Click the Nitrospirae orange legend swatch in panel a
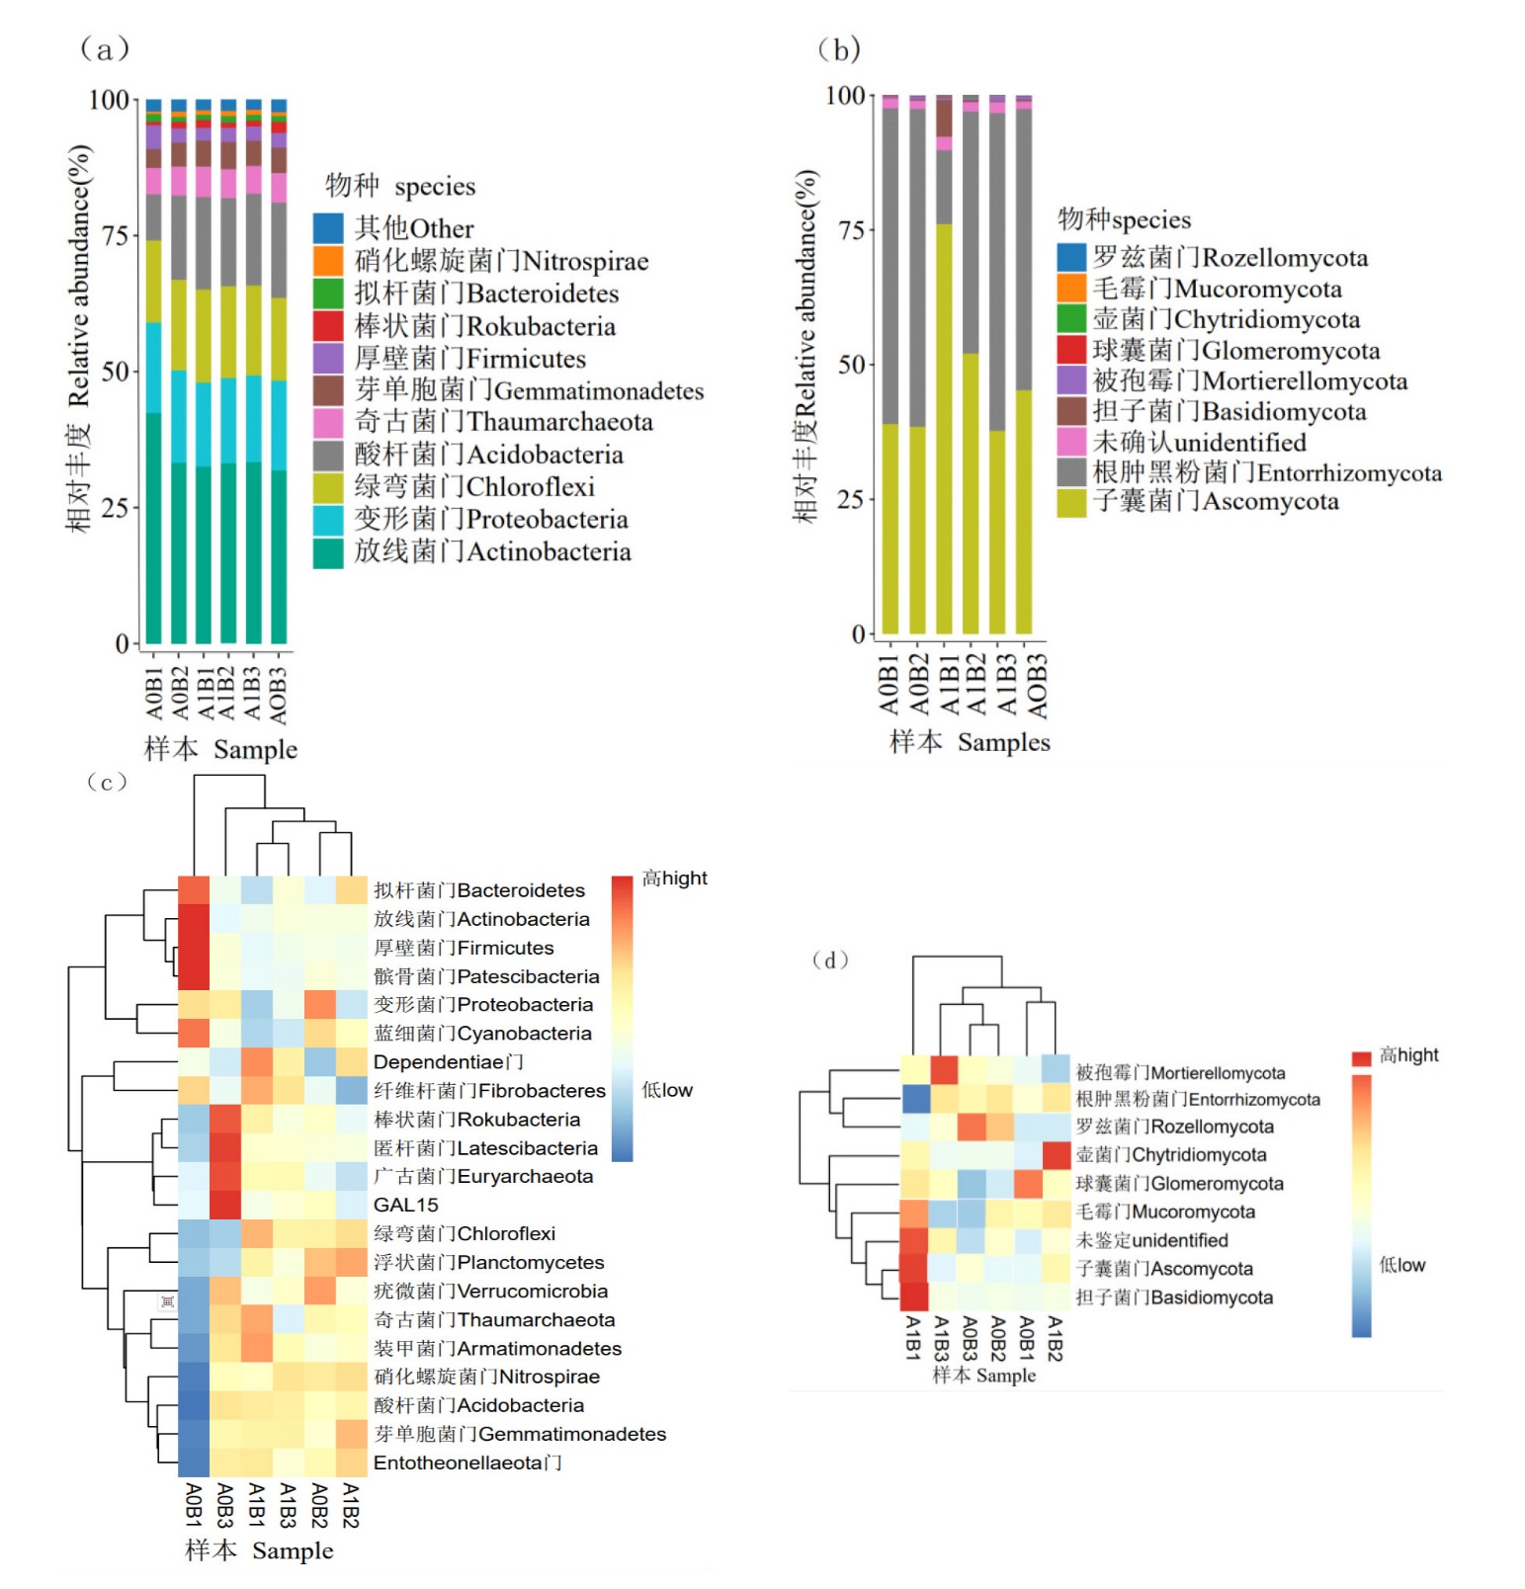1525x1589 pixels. pyautogui.click(x=328, y=261)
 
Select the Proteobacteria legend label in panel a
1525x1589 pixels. pyautogui.click(x=491, y=519)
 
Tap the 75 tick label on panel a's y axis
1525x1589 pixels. pyautogui.click(x=116, y=235)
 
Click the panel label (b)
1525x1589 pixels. pyautogui.click(x=839, y=49)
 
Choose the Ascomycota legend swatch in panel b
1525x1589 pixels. pyautogui.click(x=1071, y=503)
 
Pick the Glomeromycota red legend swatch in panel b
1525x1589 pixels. pyautogui.click(x=1071, y=350)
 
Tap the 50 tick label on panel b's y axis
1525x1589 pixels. pyautogui.click(x=852, y=365)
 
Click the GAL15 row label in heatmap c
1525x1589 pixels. pyautogui.click(x=405, y=1205)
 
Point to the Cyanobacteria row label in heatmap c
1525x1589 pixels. pyautogui.click(x=482, y=1034)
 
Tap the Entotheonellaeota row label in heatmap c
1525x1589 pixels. pyautogui.click(x=467, y=1463)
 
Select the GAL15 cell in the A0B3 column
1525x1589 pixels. pyautogui.click(x=225, y=1205)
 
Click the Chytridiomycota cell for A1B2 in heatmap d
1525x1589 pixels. pyautogui.click(x=1056, y=1155)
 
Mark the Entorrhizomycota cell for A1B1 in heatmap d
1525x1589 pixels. pyautogui.click(x=915, y=1099)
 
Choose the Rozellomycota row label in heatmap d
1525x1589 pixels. pyautogui.click(x=1174, y=1127)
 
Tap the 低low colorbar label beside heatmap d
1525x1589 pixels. pyautogui.click(x=1401, y=1265)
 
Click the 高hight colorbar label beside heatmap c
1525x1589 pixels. pyautogui.click(x=674, y=878)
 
